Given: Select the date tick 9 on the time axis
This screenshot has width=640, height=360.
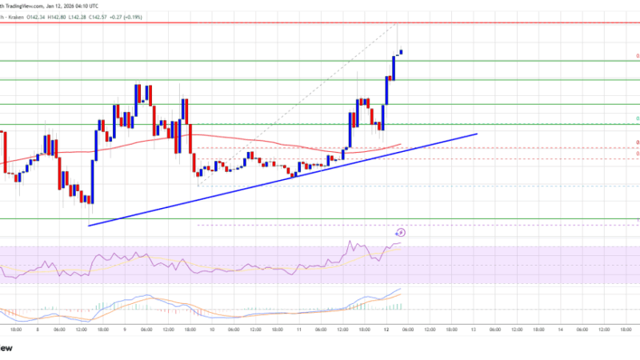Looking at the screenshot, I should pyautogui.click(x=125, y=328).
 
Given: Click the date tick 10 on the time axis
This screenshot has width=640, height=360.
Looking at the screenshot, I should pyautogui.click(x=211, y=328).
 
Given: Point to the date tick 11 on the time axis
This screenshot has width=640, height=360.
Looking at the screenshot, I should pyautogui.click(x=298, y=328).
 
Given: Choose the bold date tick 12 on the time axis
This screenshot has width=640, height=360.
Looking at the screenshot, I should pyautogui.click(x=384, y=328).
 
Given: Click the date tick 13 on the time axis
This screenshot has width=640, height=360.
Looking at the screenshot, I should pyautogui.click(x=473, y=328).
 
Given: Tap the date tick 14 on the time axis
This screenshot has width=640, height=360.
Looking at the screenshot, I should pyautogui.click(x=558, y=328).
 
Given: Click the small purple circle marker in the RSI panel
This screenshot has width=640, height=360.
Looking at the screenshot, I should pyautogui.click(x=401, y=233).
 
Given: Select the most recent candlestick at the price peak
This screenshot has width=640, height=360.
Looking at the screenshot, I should pyautogui.click(x=401, y=52).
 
